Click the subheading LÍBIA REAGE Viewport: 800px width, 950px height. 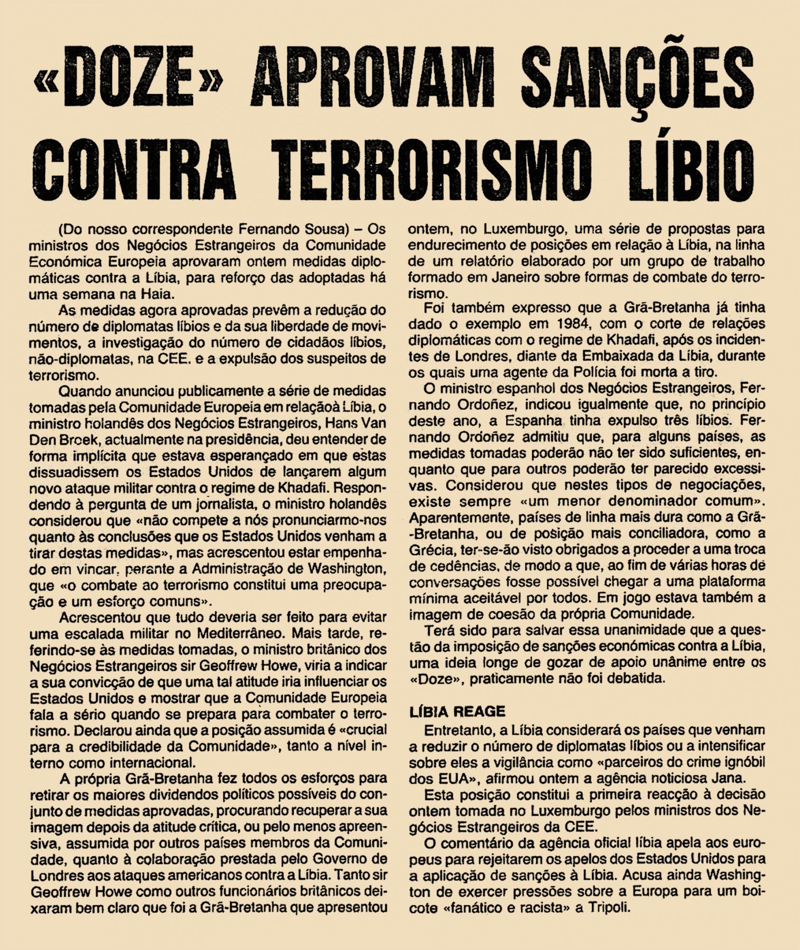tap(457, 712)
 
